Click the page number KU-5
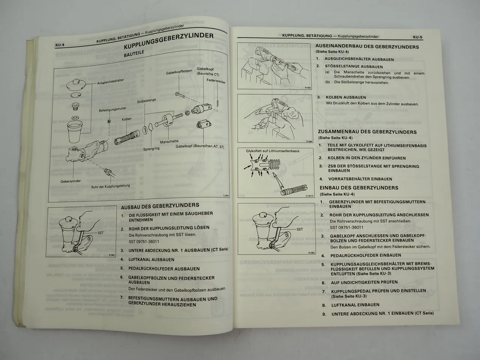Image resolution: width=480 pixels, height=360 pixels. tap(417, 37)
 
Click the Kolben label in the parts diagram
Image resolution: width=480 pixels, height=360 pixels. tap(126, 119)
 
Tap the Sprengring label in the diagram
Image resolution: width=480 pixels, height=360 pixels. tap(151, 148)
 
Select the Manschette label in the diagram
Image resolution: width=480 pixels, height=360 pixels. tap(169, 142)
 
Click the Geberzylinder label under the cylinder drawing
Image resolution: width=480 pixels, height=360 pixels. tap(70, 181)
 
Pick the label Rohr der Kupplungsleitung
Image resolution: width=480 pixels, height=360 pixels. tap(110, 186)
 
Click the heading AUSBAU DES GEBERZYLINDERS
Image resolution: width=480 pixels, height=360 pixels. tap(160, 205)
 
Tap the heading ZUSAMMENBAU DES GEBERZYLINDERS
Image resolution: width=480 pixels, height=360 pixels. tap(367, 132)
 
